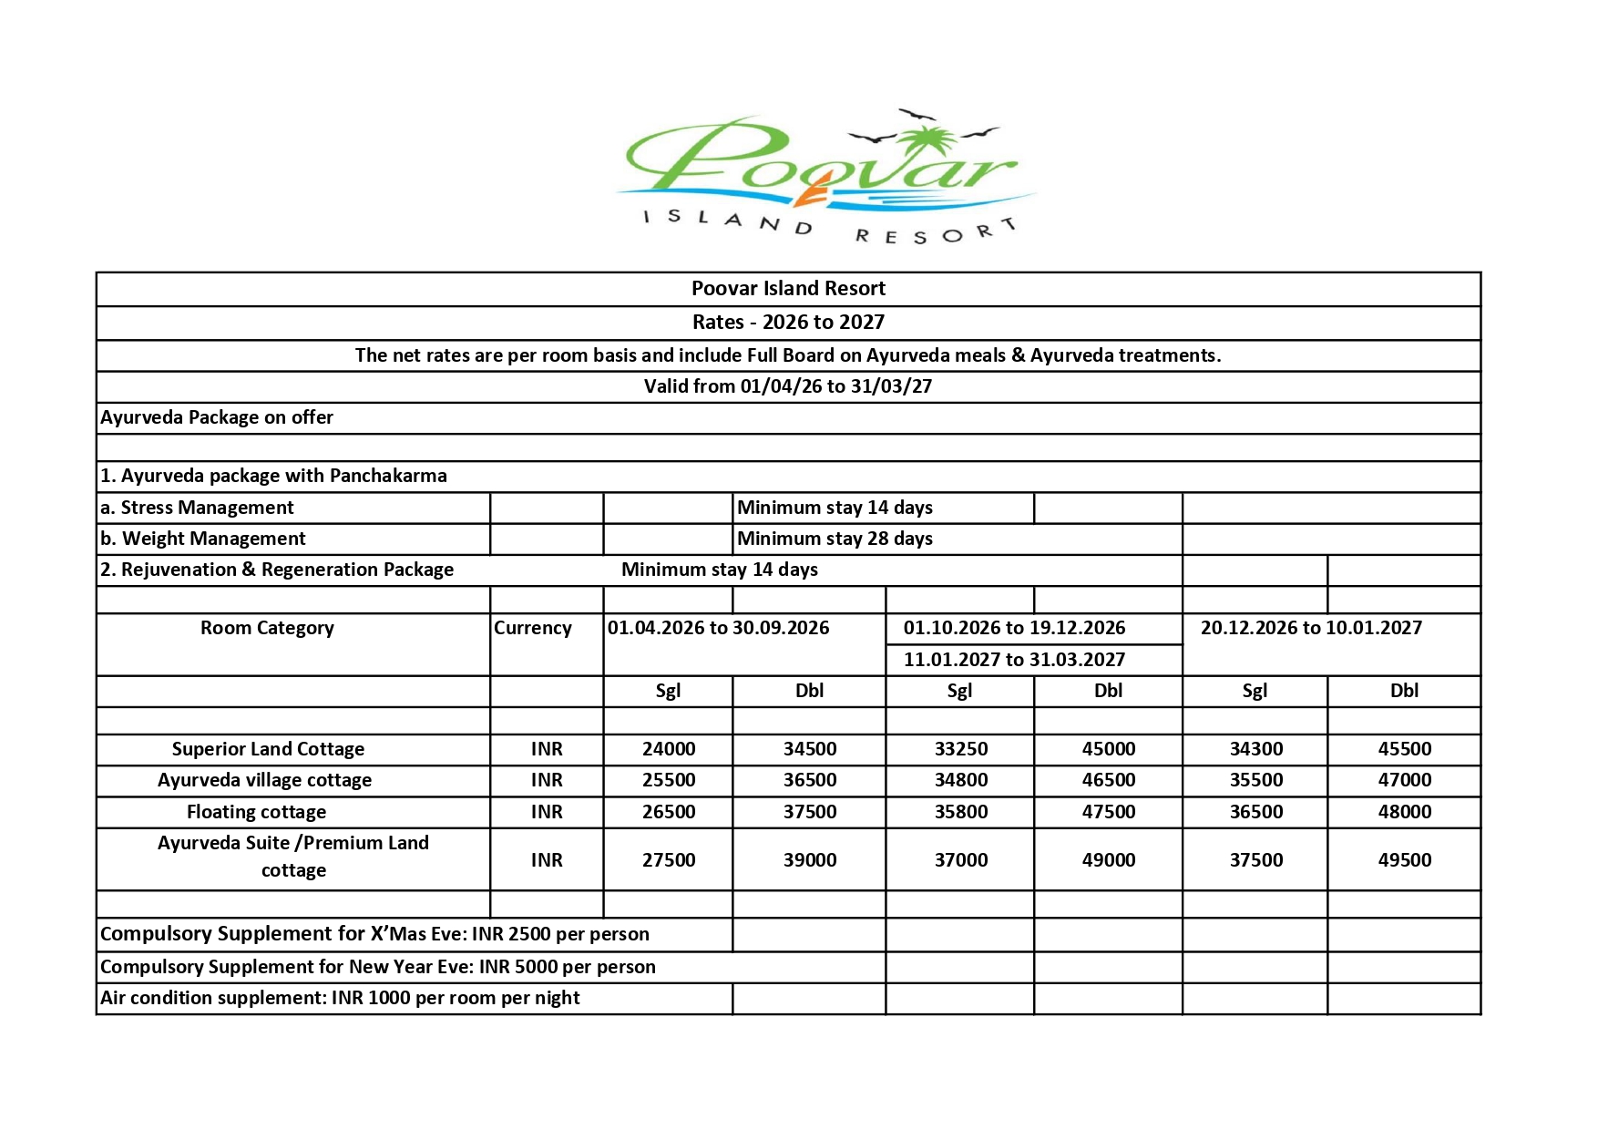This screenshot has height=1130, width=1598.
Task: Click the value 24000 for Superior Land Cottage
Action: point(668,749)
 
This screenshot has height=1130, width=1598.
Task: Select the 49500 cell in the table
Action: point(1404,859)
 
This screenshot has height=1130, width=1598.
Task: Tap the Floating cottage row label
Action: point(256,812)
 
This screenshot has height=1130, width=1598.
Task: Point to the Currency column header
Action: point(532,628)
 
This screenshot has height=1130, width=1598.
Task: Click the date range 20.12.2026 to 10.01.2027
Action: point(1310,628)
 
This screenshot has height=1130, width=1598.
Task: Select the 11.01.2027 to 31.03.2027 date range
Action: point(1014,660)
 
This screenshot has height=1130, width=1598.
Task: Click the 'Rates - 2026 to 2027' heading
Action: point(788,322)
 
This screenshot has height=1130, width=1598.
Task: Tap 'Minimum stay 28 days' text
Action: point(835,539)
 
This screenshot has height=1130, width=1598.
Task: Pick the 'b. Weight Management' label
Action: point(202,539)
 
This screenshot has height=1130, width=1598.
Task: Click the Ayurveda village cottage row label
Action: point(264,780)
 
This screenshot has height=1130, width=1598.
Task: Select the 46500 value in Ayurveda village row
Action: point(1108,780)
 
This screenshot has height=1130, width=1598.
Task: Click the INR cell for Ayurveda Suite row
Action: point(547,859)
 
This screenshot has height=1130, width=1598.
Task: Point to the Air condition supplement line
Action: point(340,998)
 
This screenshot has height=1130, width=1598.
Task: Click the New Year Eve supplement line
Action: point(377,967)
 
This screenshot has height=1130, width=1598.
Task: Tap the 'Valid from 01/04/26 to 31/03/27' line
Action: point(788,386)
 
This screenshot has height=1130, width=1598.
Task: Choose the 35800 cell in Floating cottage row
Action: point(960,812)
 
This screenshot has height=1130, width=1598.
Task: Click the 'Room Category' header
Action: point(267,628)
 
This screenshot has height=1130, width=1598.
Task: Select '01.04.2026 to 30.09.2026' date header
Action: point(718,628)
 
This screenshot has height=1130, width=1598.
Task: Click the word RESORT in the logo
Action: point(935,232)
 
